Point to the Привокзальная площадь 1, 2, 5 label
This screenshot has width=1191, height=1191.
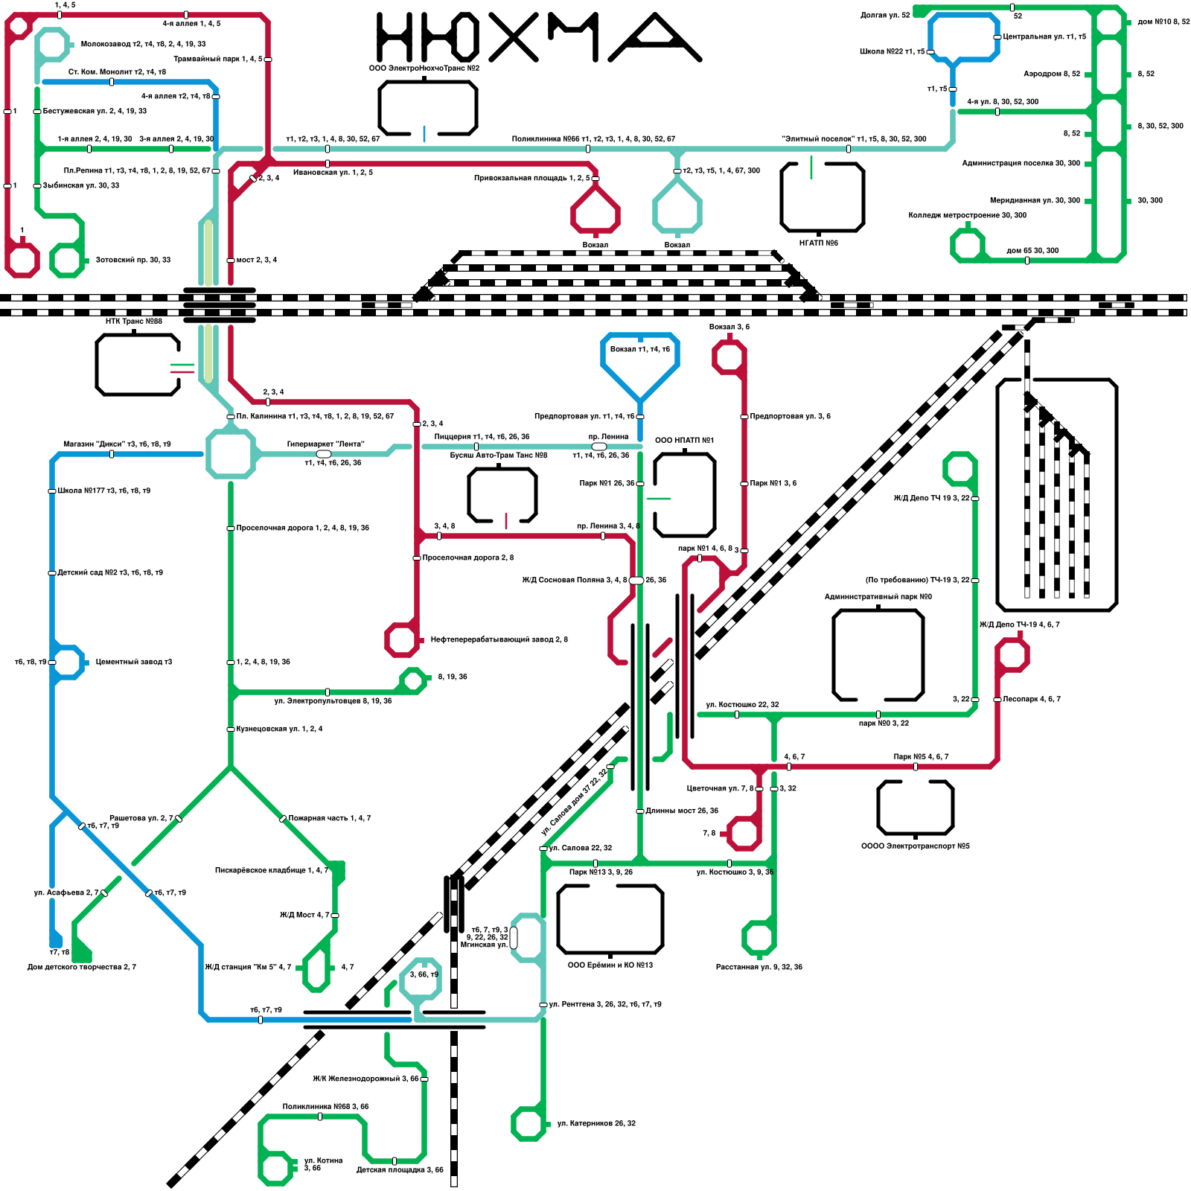click(x=531, y=179)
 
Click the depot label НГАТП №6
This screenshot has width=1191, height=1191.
click(x=819, y=243)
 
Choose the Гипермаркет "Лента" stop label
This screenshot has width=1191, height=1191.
click(x=325, y=444)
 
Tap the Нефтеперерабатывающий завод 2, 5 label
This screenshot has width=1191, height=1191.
click(x=499, y=639)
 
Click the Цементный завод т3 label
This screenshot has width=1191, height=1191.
click(x=133, y=662)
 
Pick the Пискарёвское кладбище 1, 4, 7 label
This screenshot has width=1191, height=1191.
click(x=271, y=870)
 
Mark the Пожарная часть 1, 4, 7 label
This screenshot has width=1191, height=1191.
click(x=330, y=818)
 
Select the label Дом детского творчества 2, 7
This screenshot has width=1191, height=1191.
click(x=81, y=967)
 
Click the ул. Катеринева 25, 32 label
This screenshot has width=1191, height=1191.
click(x=596, y=1123)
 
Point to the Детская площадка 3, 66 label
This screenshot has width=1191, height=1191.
click(x=400, y=1170)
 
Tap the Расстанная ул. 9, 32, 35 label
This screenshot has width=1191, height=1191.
click(x=759, y=967)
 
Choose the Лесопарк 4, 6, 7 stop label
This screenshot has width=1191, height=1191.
click(x=1031, y=699)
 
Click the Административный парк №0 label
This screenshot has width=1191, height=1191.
click(x=878, y=596)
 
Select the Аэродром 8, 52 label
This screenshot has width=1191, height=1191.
click(x=1051, y=74)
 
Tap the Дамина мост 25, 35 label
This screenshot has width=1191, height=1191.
click(x=682, y=811)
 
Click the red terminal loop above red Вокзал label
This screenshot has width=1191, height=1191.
click(x=595, y=211)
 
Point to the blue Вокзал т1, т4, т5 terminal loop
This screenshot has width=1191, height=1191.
click(x=639, y=361)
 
